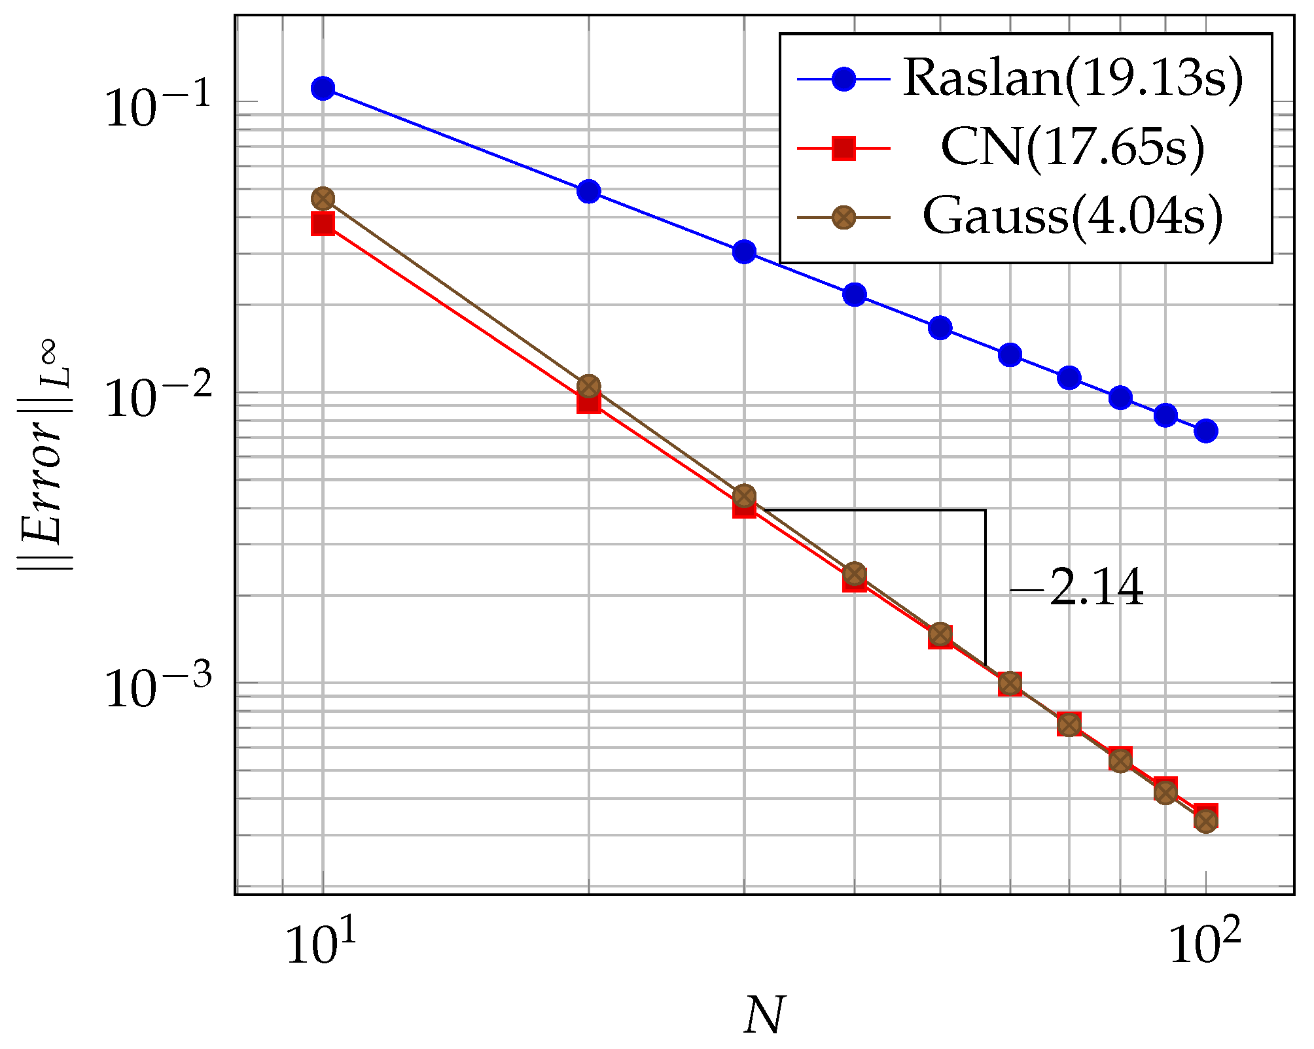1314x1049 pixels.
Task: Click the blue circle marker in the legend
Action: (x=844, y=79)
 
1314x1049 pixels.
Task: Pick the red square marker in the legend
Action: (x=844, y=148)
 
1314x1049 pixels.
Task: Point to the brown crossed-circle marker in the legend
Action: (x=844, y=217)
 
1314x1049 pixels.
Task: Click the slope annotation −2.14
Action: (x=1077, y=589)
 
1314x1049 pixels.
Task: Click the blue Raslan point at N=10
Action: (x=323, y=88)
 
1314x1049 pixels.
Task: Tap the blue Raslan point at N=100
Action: (x=1205, y=431)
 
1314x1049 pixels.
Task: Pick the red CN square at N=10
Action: (x=323, y=224)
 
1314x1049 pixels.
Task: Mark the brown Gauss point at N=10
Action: (x=323, y=198)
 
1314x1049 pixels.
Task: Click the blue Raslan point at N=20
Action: (x=589, y=191)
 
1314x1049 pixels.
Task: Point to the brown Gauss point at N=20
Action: (x=589, y=386)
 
